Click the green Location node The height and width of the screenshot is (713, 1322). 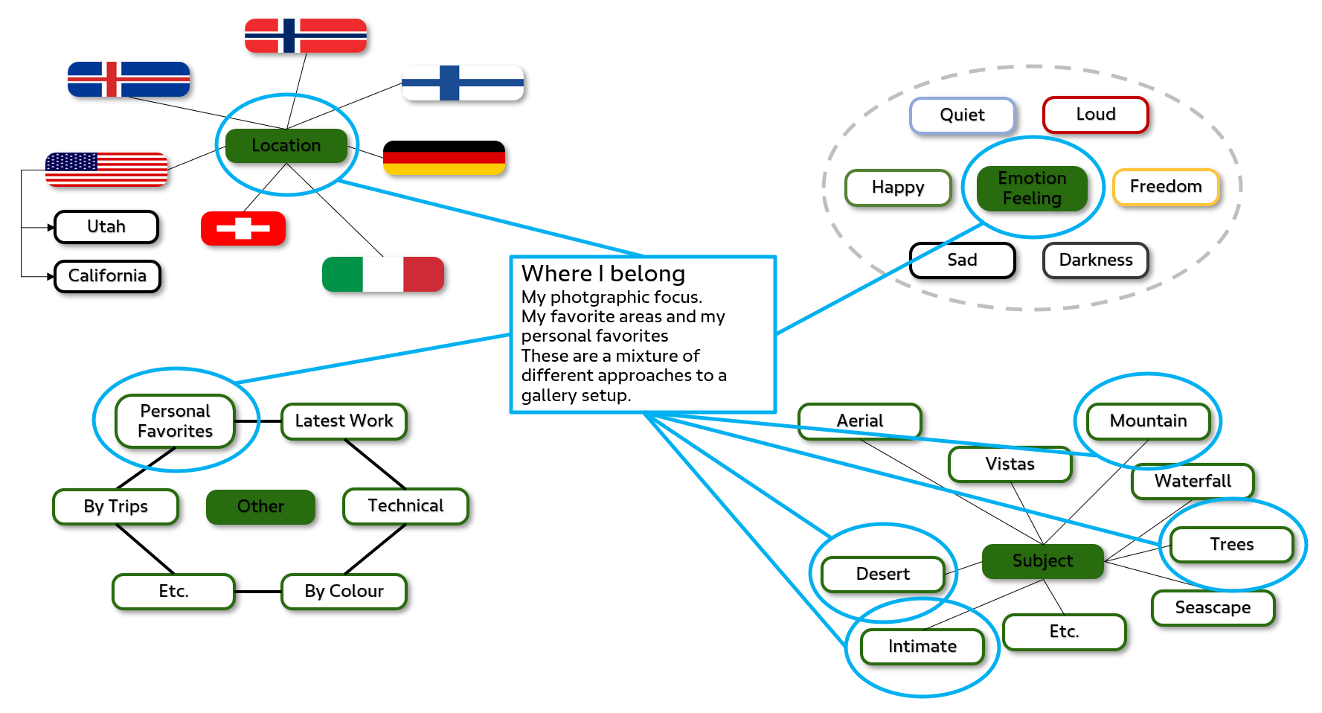pyautogui.click(x=286, y=145)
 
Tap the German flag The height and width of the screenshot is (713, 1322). pyautogui.click(x=444, y=158)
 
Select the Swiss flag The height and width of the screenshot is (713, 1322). pyautogui.click(x=243, y=228)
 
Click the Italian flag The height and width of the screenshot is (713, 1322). pyautogui.click(x=383, y=274)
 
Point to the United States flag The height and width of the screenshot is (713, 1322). pyautogui.click(x=106, y=169)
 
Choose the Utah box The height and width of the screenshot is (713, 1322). pyautogui.click(x=106, y=227)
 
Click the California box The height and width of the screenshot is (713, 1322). pyautogui.click(x=107, y=276)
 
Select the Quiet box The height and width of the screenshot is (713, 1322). pyautogui.click(x=962, y=115)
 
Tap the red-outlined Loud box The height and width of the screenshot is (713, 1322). pyautogui.click(x=1095, y=115)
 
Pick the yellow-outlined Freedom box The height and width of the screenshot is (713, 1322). pyautogui.click(x=1166, y=187)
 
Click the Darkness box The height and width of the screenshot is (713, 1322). pyautogui.click(x=1095, y=260)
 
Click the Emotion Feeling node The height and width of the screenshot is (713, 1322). pyautogui.click(x=1032, y=188)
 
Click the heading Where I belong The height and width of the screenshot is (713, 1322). pyautogui.click(x=603, y=274)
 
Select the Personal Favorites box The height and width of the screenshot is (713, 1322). pyautogui.click(x=176, y=421)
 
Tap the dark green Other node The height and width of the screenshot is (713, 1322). pyautogui.click(x=260, y=507)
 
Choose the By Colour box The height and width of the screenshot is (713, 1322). pyautogui.click(x=344, y=592)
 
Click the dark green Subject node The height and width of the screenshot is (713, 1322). pyautogui.click(x=1042, y=561)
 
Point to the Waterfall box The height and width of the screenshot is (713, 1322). pyautogui.click(x=1193, y=482)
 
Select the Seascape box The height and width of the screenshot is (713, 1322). pyautogui.click(x=1213, y=608)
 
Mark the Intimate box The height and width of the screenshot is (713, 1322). pyautogui.click(x=922, y=647)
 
